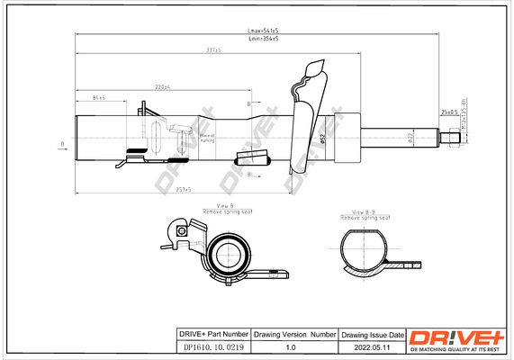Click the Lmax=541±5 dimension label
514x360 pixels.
click(x=263, y=31)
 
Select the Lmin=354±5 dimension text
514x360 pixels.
click(x=263, y=39)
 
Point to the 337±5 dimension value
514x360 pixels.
click(x=213, y=50)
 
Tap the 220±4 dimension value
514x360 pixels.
click(x=163, y=86)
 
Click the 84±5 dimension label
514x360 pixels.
click(x=99, y=96)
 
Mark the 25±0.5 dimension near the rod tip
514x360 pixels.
click(x=448, y=112)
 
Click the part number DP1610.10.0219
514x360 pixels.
click(x=210, y=346)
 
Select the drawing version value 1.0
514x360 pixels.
click(x=290, y=346)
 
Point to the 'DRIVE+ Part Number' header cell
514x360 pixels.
click(x=210, y=334)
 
